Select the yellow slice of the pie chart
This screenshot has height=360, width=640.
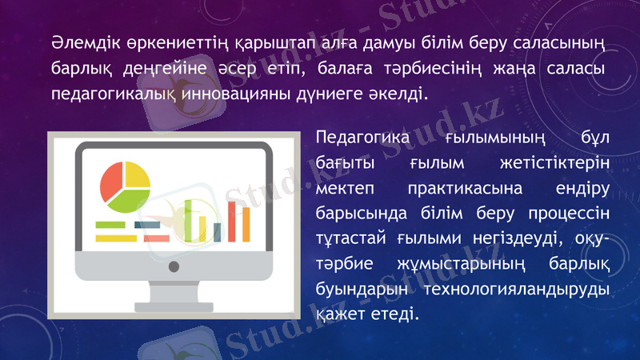tap(138, 174)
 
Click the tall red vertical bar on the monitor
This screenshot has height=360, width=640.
tap(233, 221)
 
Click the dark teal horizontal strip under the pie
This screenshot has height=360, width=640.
tap(147, 225)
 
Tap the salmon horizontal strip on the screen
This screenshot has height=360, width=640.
tap(156, 238)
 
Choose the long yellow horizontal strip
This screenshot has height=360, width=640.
tap(116, 238)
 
